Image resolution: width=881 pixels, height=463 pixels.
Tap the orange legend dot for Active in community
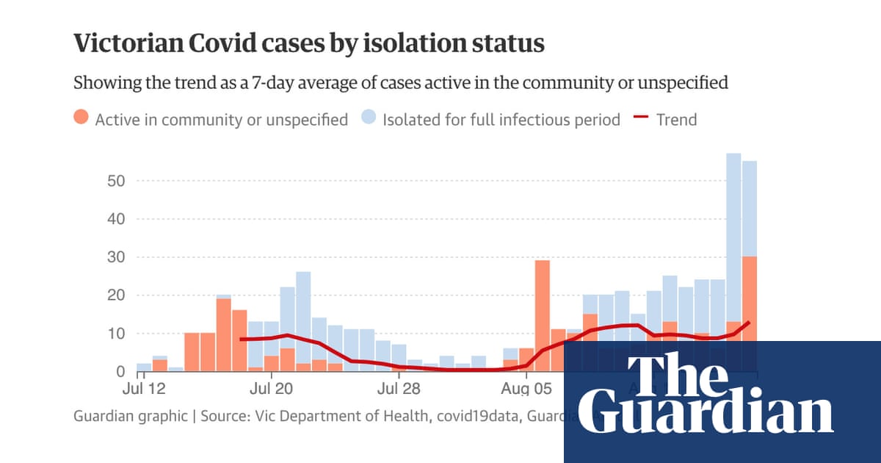coord(81,118)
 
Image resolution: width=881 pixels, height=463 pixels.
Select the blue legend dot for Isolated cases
coord(369,118)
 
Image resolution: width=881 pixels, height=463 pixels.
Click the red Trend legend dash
coord(641,118)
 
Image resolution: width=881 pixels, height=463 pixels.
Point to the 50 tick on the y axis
coord(117,181)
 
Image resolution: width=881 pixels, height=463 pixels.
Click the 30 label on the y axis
coord(117,257)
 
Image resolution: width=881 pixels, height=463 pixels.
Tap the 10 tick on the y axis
coord(117,334)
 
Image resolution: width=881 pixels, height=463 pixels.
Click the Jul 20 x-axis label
coord(272,387)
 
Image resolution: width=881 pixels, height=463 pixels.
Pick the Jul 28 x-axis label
coord(398,387)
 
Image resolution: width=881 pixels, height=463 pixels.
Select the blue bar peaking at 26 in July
coord(303,309)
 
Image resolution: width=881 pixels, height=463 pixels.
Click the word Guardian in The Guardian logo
coord(711,414)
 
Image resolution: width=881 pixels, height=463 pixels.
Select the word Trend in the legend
coord(676,119)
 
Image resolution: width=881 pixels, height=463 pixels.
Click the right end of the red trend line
coord(749,323)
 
